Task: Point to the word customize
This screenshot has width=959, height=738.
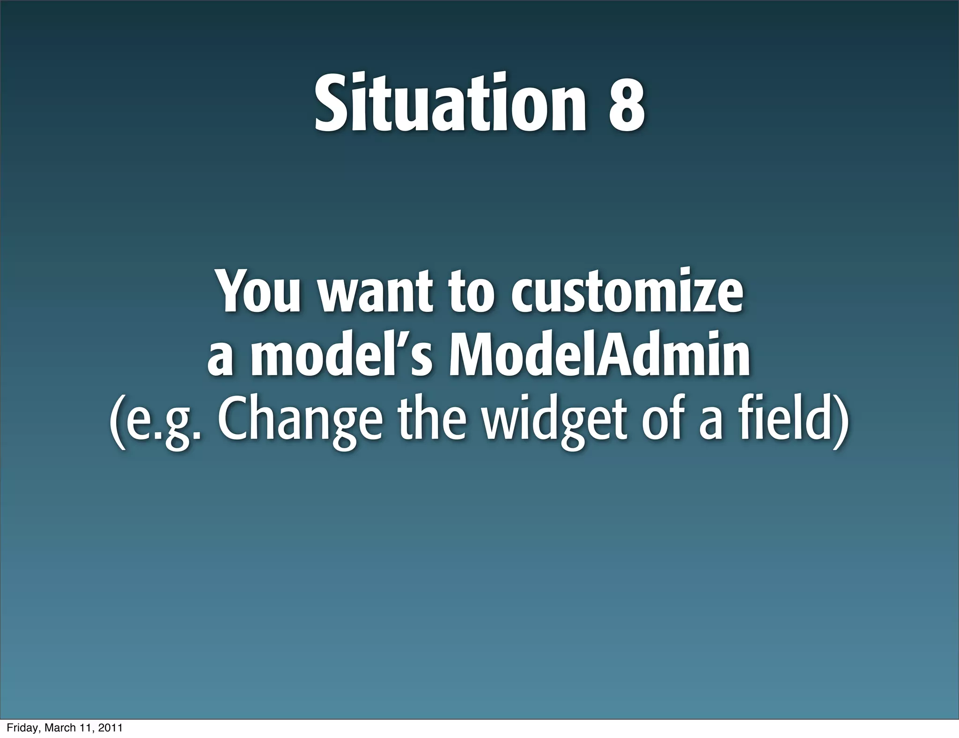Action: point(627,291)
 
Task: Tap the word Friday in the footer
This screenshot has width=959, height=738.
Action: point(18,728)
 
